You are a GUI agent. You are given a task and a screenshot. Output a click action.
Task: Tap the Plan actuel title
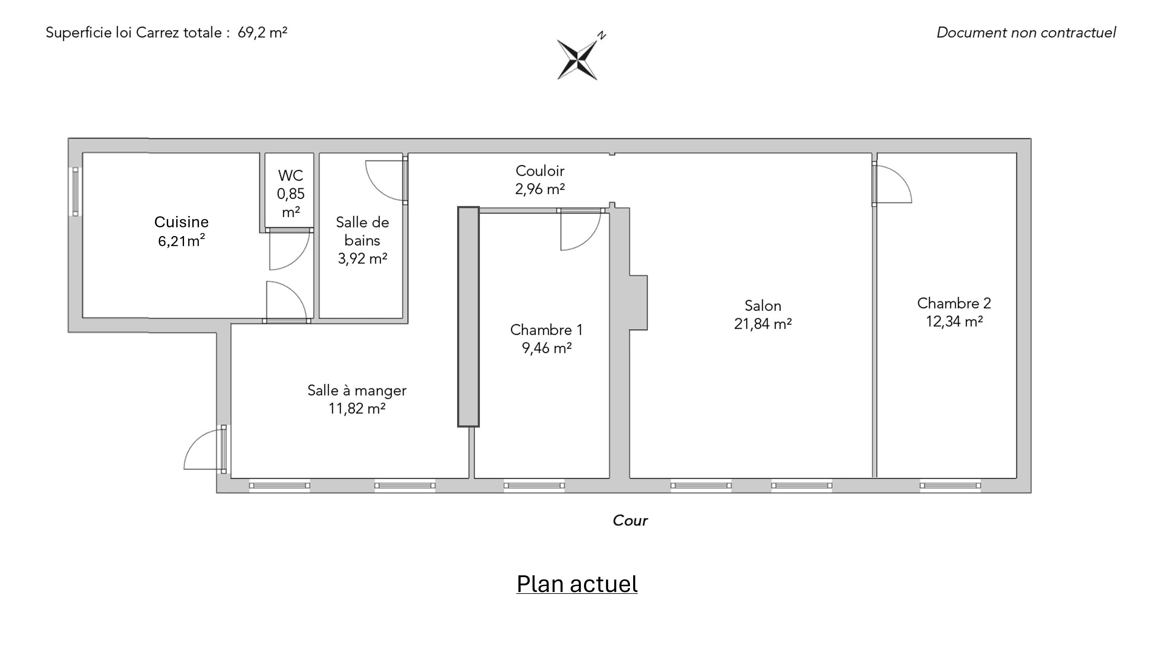(577, 584)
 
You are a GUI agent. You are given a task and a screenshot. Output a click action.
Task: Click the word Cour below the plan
(630, 520)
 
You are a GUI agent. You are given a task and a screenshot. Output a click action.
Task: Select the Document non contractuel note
(1026, 32)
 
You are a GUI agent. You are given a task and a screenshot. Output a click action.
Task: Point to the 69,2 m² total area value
(262, 32)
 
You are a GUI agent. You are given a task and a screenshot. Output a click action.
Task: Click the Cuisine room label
(181, 222)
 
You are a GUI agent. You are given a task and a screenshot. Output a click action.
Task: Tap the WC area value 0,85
(291, 194)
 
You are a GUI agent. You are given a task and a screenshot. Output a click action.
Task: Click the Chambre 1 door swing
(580, 231)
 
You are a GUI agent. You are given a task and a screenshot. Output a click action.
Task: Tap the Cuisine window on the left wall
(75, 191)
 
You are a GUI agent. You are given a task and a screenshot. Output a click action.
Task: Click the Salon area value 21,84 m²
(762, 323)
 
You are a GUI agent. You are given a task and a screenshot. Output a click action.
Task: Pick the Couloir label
(540, 171)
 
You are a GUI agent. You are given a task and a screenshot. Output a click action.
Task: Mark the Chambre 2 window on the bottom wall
(950, 486)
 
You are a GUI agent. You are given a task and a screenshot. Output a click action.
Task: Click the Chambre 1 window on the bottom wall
(534, 486)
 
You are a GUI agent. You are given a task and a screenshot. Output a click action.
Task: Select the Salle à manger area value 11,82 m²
(357, 408)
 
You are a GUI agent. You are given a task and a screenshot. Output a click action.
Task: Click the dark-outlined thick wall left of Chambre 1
(468, 316)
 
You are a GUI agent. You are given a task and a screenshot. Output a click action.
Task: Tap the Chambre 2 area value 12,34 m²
(954, 321)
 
